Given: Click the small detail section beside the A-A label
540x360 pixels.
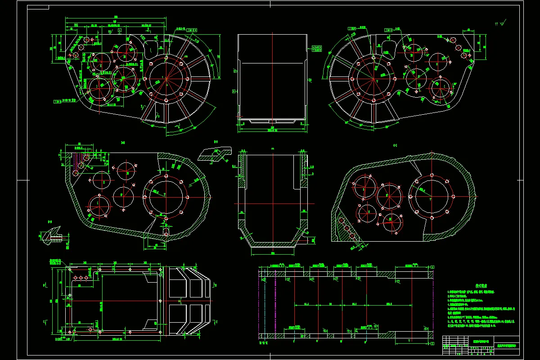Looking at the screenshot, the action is click(x=216, y=153).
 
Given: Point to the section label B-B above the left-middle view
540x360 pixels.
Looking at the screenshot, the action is click(x=123, y=142).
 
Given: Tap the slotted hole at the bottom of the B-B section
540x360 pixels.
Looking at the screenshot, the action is click(x=166, y=232).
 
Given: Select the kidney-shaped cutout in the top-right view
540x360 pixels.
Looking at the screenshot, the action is click(x=387, y=48).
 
